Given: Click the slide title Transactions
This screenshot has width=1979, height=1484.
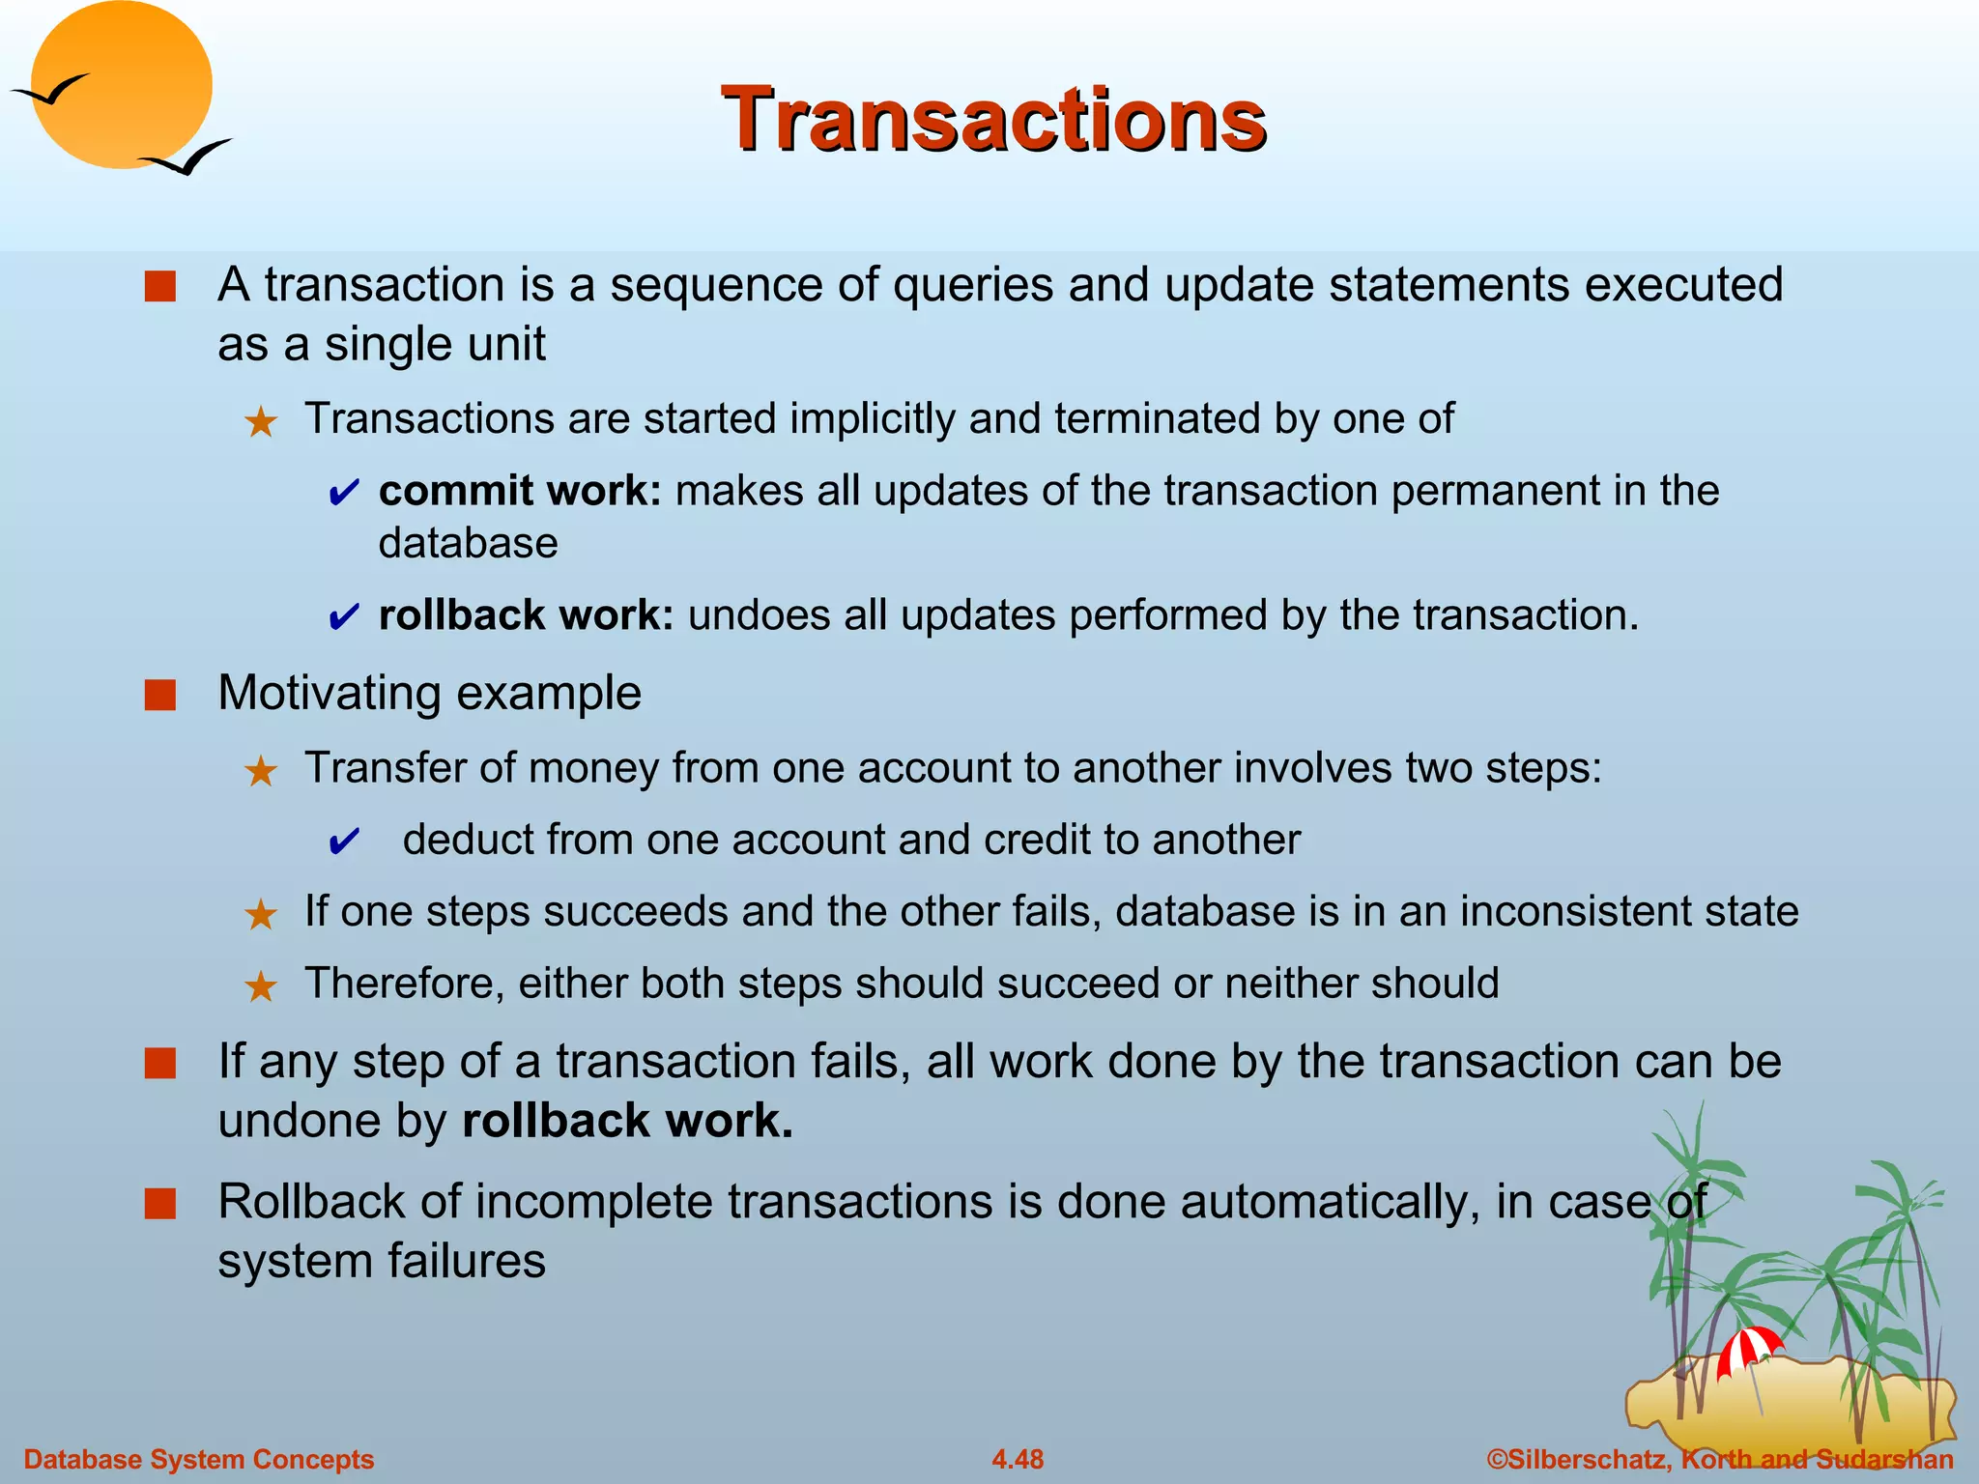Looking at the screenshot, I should click(x=992, y=119).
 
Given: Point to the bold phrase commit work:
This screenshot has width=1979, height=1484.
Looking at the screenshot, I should click(x=520, y=491).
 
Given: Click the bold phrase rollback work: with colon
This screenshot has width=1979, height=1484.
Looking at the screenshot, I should click(x=526, y=615).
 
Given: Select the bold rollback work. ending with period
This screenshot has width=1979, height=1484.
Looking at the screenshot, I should click(x=627, y=1121).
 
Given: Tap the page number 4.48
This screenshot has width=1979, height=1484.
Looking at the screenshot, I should click(x=1018, y=1459).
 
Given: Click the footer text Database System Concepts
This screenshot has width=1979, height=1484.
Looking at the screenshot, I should click(x=199, y=1459).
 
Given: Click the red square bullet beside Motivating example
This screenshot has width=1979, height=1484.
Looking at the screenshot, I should click(x=160, y=695).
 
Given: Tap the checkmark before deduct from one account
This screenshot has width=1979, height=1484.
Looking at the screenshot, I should click(x=344, y=842).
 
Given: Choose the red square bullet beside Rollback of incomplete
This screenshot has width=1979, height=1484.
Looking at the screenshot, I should click(x=160, y=1204).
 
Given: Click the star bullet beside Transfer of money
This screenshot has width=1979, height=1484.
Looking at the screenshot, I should click(x=261, y=771).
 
